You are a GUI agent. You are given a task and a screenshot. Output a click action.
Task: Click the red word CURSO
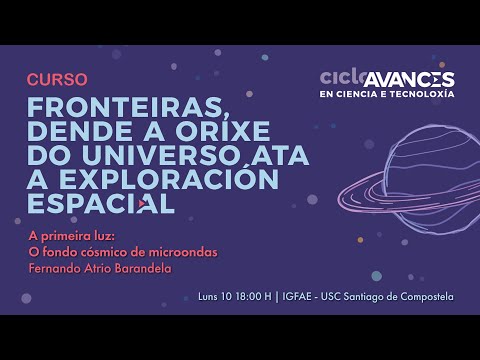[x=57, y=79]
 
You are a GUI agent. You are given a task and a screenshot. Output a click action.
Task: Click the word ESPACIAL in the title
[x=100, y=204]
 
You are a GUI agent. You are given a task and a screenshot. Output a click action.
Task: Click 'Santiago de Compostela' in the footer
[x=398, y=296]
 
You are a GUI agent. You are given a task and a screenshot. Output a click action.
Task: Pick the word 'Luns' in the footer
[x=210, y=296]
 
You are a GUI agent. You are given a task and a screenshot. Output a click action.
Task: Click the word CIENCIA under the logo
[x=359, y=94]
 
